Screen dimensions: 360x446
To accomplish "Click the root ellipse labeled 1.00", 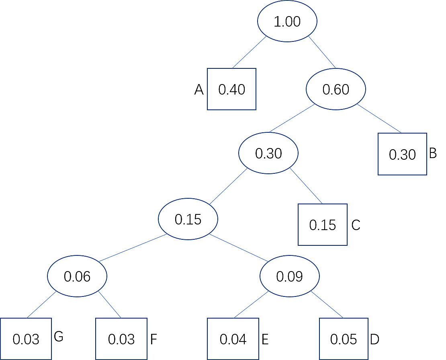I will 287,21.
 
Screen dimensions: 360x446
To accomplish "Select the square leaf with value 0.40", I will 231,89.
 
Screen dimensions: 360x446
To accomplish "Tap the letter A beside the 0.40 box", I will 198,90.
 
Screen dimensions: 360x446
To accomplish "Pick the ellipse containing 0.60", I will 336,89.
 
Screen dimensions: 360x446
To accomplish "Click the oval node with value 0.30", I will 268,153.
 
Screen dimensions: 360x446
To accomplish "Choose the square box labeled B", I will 402,154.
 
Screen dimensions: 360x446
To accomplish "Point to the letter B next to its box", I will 433,153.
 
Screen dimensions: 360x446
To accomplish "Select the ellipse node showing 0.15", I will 188,219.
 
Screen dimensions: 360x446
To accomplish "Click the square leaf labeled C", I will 323,224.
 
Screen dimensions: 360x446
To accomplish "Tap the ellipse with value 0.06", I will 77,276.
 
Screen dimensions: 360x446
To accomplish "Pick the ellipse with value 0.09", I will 290,276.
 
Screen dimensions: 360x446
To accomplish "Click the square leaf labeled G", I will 26,339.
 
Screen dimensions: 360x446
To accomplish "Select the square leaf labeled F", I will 121,339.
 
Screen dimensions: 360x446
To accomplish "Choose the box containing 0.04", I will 233,339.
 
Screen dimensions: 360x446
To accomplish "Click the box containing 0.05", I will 344,339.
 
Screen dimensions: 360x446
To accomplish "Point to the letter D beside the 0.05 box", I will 374,339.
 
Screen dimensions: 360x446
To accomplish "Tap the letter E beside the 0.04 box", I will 265,339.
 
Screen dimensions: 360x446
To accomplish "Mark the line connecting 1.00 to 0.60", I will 322,52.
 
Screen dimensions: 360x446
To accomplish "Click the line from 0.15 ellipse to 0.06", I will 133,248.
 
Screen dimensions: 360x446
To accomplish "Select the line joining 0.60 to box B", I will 379,118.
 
